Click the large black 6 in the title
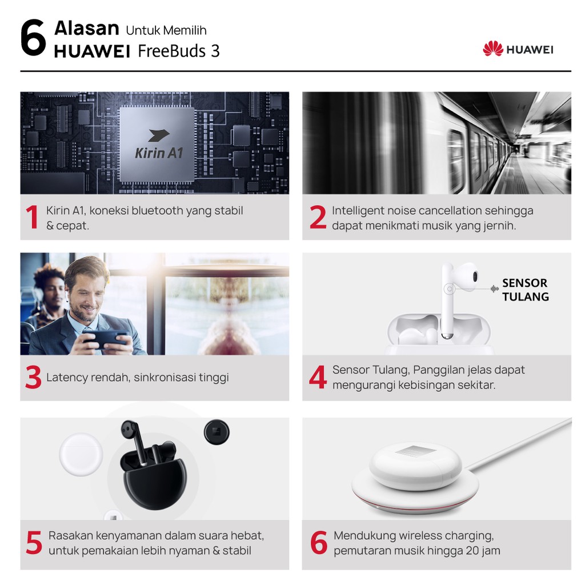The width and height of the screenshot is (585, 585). (33, 38)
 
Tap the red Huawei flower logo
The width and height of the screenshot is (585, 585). (492, 49)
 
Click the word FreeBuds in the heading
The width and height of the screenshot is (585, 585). (171, 51)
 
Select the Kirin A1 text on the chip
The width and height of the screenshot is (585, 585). (159, 153)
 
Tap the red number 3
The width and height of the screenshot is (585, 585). (33, 377)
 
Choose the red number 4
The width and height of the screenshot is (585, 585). (318, 377)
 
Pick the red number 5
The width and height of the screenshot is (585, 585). (34, 543)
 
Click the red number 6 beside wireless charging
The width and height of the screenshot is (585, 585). (319, 543)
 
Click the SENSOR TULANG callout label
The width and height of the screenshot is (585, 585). (526, 290)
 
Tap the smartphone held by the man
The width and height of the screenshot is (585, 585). (106, 338)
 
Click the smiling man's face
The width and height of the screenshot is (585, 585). (85, 294)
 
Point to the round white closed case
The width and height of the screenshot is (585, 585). (81, 454)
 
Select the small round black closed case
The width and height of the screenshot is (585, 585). (217, 432)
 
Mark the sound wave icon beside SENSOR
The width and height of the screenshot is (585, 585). (494, 289)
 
